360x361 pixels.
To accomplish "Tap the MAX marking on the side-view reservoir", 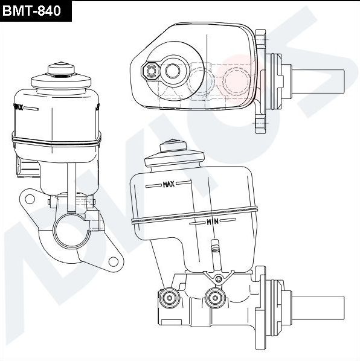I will click(169, 185).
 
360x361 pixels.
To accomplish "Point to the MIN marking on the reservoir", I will click(212, 222).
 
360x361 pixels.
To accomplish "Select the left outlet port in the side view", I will click(169, 297).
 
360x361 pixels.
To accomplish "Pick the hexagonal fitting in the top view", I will click(151, 71).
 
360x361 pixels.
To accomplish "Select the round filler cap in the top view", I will click(175, 71).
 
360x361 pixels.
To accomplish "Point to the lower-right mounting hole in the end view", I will click(112, 261).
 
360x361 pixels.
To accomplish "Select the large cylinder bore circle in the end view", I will click(69, 229).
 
